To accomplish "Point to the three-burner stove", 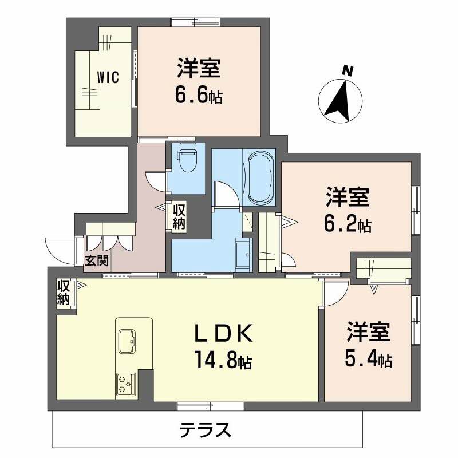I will [125, 382].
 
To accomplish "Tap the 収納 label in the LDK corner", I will [64, 292].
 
